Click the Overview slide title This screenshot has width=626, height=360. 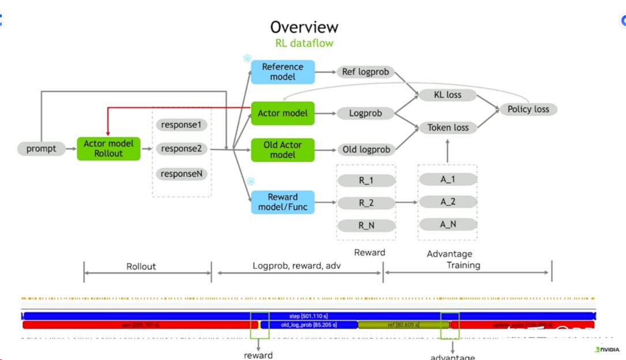pyautogui.click(x=304, y=27)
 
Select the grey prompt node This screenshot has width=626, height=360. pyautogui.click(x=42, y=149)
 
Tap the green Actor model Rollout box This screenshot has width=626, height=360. pyautogui.click(x=108, y=149)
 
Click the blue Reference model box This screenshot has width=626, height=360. pyautogui.click(x=282, y=72)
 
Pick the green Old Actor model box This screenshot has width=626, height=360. pyautogui.click(x=282, y=150)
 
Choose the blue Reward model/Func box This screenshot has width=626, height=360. pyautogui.click(x=282, y=202)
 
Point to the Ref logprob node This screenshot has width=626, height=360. pyautogui.click(x=365, y=72)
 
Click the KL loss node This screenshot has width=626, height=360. pyautogui.click(x=448, y=94)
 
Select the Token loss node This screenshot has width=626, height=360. pyautogui.click(x=448, y=128)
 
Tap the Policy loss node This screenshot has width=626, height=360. pyautogui.click(x=528, y=109)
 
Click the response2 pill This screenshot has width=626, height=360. pyautogui.click(x=181, y=149)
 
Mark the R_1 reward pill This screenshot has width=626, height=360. pyautogui.click(x=366, y=180)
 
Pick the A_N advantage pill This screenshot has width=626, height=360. pyautogui.click(x=448, y=224)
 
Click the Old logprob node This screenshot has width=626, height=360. pyautogui.click(x=366, y=150)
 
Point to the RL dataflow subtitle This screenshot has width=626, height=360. pyautogui.click(x=304, y=43)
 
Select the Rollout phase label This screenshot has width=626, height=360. pyautogui.click(x=141, y=267)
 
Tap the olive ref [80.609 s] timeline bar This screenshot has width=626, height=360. pyautogui.click(x=403, y=325)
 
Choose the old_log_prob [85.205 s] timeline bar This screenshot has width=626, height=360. pyautogui.click(x=308, y=325)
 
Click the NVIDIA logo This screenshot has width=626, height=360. pyautogui.click(x=607, y=350)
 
